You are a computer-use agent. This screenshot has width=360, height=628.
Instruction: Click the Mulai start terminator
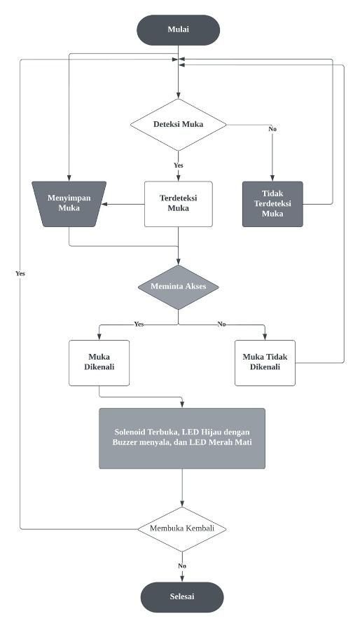tap(178, 29)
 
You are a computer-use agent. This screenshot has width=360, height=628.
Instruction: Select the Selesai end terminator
tap(182, 596)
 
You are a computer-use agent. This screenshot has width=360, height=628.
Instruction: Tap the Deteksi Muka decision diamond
tap(178, 125)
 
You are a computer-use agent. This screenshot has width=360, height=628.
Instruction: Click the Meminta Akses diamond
tap(178, 287)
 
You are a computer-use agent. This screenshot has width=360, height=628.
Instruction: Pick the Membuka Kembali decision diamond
tap(182, 528)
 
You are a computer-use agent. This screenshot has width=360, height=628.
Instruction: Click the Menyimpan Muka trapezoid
tap(69, 204)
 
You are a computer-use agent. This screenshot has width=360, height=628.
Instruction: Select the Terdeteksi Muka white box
tap(178, 204)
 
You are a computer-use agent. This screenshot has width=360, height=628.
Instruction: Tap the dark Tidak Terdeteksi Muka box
tap(272, 204)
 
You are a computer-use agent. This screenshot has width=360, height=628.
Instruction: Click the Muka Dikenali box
tap(99, 363)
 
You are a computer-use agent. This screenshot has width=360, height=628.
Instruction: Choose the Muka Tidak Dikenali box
tap(265, 363)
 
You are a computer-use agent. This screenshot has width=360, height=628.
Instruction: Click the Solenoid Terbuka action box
tap(182, 438)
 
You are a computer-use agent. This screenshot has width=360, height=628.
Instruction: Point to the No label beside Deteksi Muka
tap(272, 130)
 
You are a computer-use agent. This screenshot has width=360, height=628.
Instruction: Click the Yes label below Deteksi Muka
tap(179, 165)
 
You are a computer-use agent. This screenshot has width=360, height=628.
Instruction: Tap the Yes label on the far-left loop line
tap(20, 273)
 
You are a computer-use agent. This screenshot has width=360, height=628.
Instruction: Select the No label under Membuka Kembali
tap(182, 566)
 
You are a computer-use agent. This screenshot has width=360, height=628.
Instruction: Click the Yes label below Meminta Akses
tap(139, 324)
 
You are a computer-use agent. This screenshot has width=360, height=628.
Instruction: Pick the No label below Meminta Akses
tap(221, 324)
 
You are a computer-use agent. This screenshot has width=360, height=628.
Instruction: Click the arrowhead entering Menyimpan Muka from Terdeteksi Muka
tap(104, 204)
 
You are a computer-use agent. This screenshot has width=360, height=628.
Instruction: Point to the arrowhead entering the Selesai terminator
tap(182, 579)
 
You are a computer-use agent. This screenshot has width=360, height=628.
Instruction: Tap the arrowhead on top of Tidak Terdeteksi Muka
tap(272, 178)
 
